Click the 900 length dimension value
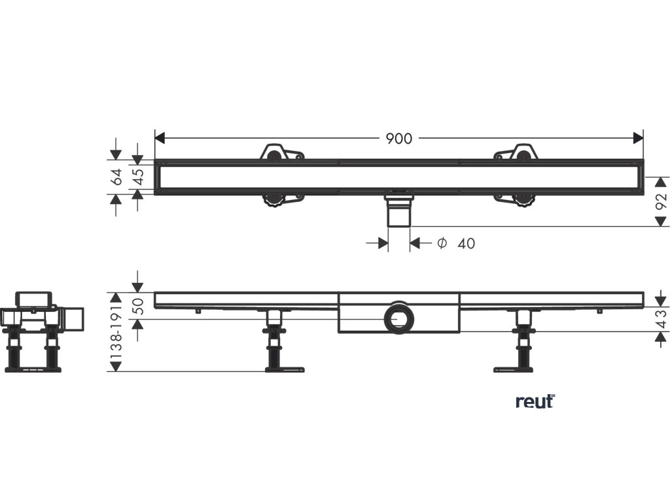click(x=398, y=139)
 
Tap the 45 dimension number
click(x=139, y=176)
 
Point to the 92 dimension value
click(x=661, y=201)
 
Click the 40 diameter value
click(x=466, y=244)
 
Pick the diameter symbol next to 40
click(x=442, y=244)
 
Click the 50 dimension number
click(x=138, y=306)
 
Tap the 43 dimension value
click(x=661, y=319)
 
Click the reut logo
click(x=535, y=401)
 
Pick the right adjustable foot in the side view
click(x=523, y=343)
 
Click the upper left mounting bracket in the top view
click(x=280, y=153)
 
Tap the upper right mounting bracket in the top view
click(x=517, y=153)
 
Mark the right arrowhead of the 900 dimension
click(x=638, y=138)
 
